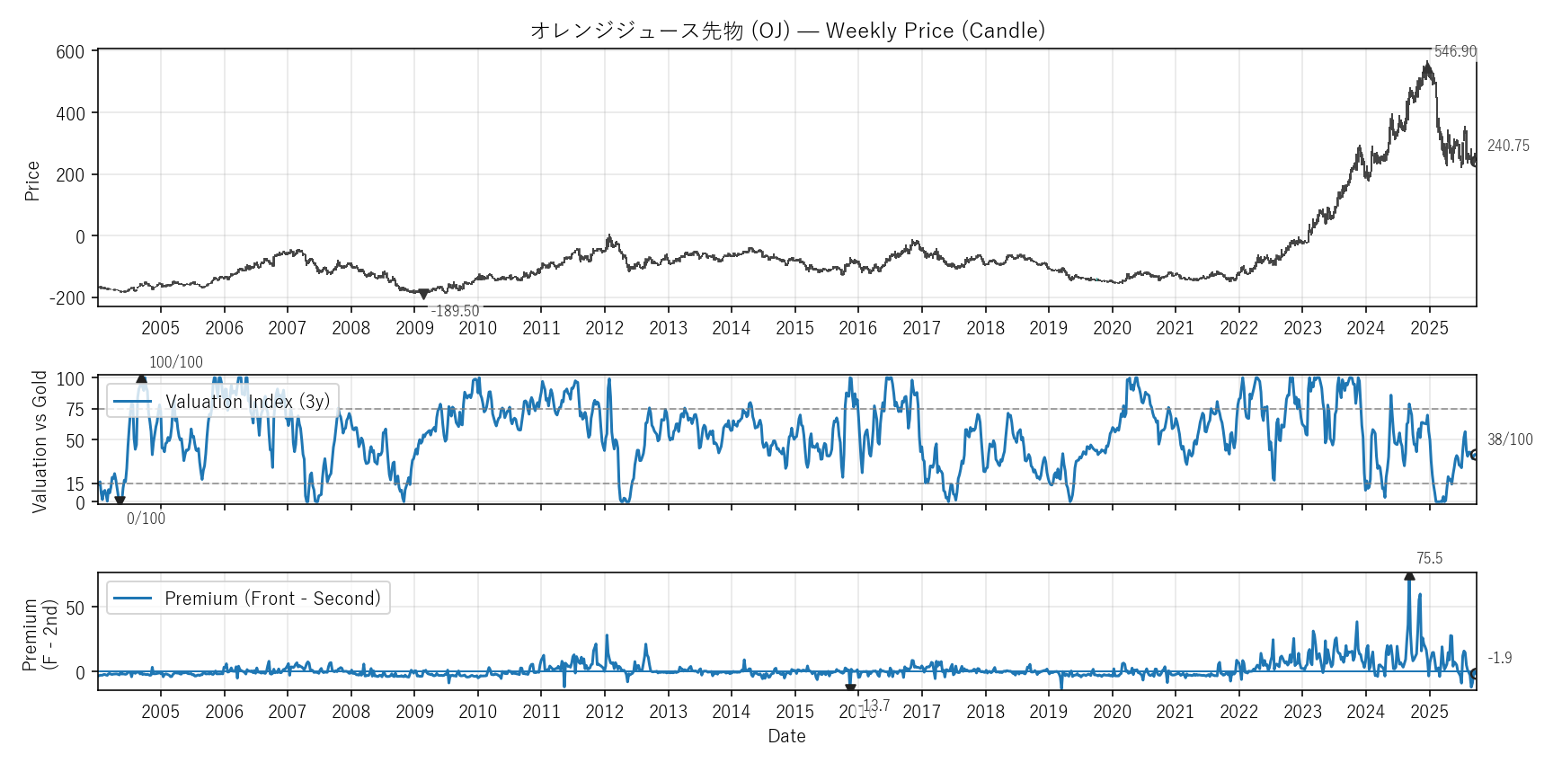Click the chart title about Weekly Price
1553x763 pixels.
(787, 31)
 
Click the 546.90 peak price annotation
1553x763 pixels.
(1455, 51)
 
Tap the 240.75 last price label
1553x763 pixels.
(1508, 146)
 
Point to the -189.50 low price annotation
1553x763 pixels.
(456, 311)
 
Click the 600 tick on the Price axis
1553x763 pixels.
(70, 52)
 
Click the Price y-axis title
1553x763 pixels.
(33, 181)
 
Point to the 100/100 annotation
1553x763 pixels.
(176, 362)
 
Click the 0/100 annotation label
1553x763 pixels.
(146, 519)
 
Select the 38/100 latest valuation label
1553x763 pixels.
(1510, 439)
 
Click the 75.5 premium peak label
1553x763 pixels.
(1429, 558)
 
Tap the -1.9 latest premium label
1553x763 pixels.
(1499, 658)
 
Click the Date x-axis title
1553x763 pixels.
(786, 736)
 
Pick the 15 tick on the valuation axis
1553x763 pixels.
(75, 484)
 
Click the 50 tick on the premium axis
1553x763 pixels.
(75, 608)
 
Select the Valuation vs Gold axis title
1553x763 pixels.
(40, 441)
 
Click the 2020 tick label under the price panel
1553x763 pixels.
(1112, 328)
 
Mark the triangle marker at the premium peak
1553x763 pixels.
(1409, 575)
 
